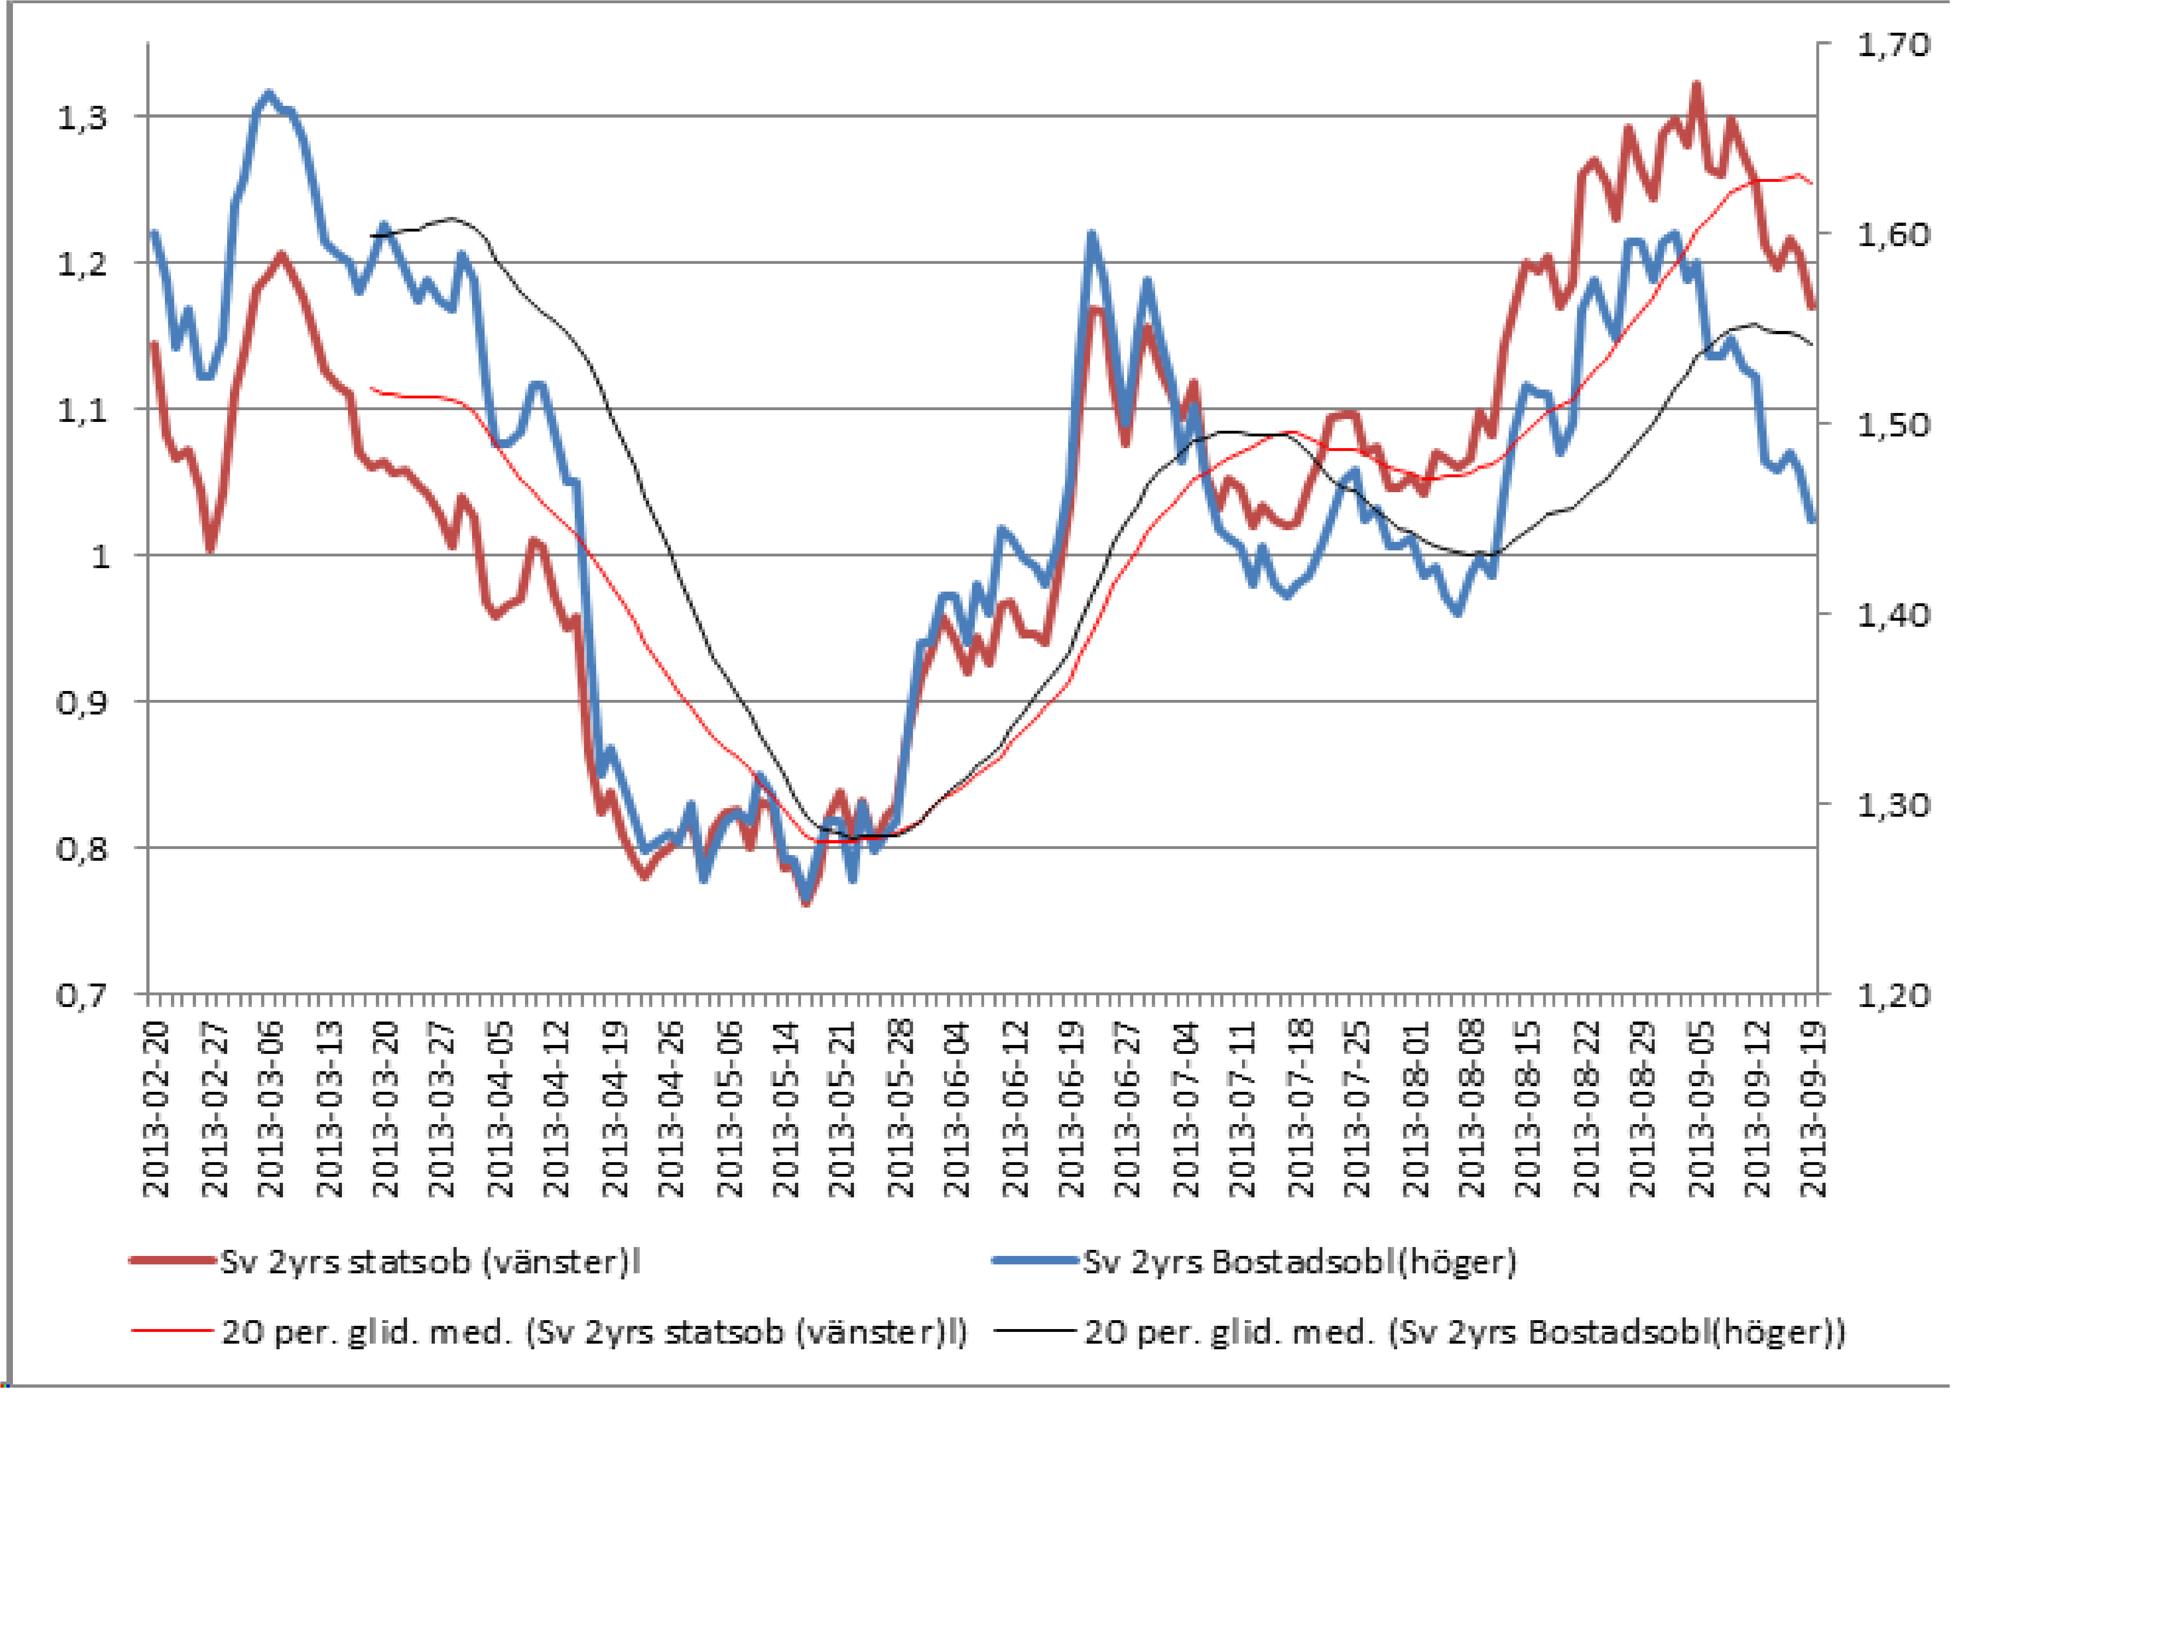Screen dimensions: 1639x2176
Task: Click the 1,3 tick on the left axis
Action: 82,118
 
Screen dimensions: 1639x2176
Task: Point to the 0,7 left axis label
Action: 82,996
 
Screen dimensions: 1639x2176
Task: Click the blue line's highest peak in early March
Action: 268,95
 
